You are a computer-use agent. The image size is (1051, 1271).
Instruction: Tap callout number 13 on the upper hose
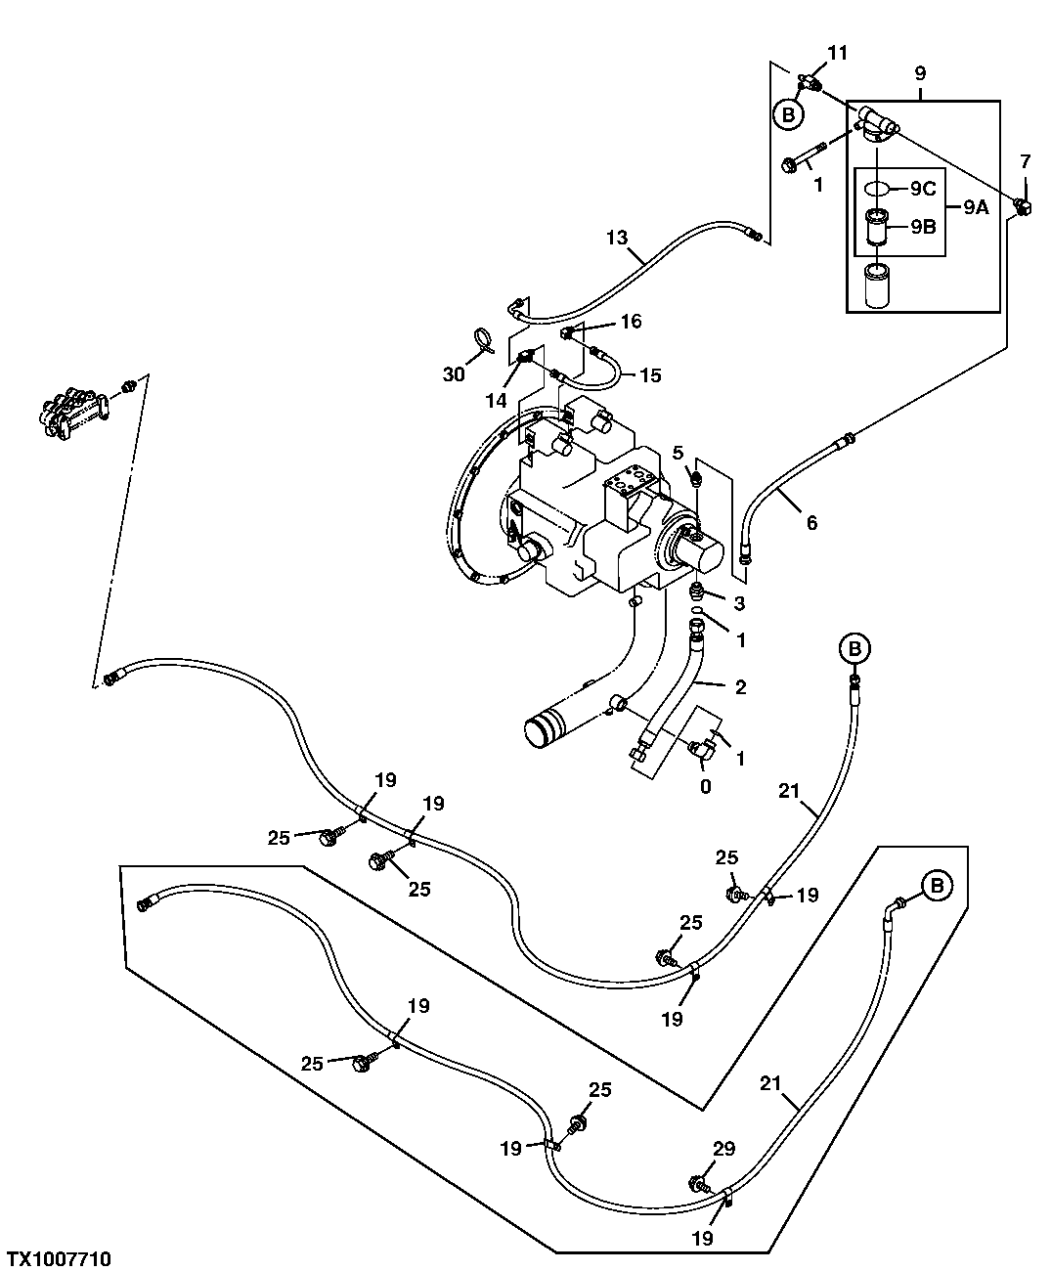pyautogui.click(x=616, y=238)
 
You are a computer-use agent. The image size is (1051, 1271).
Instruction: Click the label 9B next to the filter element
pyautogui.click(x=922, y=228)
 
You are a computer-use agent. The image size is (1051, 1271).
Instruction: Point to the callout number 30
pyautogui.click(x=453, y=374)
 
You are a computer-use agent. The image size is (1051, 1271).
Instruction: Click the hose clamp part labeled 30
pyautogui.click(x=482, y=340)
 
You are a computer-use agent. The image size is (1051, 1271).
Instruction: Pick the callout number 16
pyautogui.click(x=631, y=321)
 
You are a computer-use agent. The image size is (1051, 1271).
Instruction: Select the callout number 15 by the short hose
pyautogui.click(x=650, y=374)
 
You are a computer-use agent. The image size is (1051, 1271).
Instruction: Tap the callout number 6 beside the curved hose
pyautogui.click(x=810, y=523)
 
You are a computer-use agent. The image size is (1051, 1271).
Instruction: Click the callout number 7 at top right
pyautogui.click(x=1025, y=160)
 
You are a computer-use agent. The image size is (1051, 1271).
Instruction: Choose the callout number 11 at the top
pyautogui.click(x=838, y=53)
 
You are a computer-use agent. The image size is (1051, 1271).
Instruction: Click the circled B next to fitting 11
pyautogui.click(x=788, y=114)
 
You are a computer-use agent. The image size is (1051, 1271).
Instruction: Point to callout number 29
pyautogui.click(x=723, y=1150)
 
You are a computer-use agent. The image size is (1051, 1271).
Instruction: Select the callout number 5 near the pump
pyautogui.click(x=678, y=453)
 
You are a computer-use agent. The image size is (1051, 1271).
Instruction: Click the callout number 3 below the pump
pyautogui.click(x=740, y=603)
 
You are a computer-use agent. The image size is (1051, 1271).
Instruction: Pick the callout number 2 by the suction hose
pyautogui.click(x=740, y=687)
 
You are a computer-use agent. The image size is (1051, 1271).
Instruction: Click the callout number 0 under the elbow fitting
pyautogui.click(x=705, y=785)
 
